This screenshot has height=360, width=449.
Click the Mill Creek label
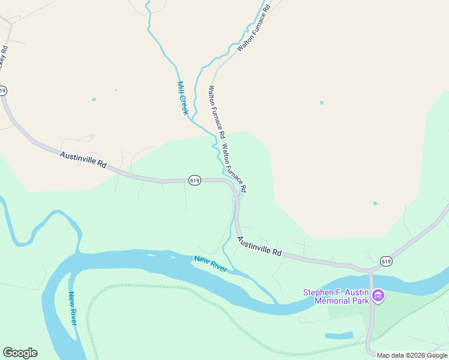(182, 98)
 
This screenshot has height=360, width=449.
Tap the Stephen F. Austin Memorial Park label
(335, 296)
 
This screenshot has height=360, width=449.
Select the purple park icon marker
(378, 295)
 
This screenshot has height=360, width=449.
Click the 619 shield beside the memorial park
(386, 261)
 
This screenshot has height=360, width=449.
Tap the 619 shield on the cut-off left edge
(3, 91)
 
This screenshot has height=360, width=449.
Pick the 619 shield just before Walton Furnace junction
(194, 180)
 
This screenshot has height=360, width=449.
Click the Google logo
(20, 353)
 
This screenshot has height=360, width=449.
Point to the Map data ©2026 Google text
(412, 355)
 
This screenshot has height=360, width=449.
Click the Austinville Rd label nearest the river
(259, 246)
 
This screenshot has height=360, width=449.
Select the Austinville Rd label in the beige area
(83, 159)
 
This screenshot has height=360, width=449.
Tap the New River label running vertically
(72, 308)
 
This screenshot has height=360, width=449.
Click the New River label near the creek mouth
(210, 263)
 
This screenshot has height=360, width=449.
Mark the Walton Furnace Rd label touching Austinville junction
(234, 168)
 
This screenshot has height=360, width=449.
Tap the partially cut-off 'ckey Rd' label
(4, 57)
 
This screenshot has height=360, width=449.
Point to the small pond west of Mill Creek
(93, 100)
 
